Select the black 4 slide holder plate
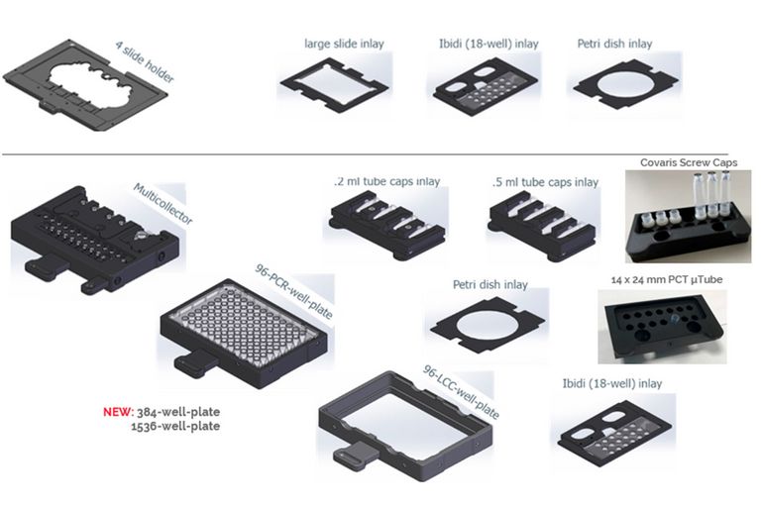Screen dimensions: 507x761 (79, 88)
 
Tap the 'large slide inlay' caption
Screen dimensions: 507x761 (344, 44)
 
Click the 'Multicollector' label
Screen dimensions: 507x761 (163, 203)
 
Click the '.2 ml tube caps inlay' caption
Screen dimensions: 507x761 (386, 182)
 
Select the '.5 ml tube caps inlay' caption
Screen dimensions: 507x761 (545, 182)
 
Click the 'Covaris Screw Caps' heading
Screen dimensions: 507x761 (689, 162)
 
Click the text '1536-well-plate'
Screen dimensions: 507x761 (175, 426)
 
